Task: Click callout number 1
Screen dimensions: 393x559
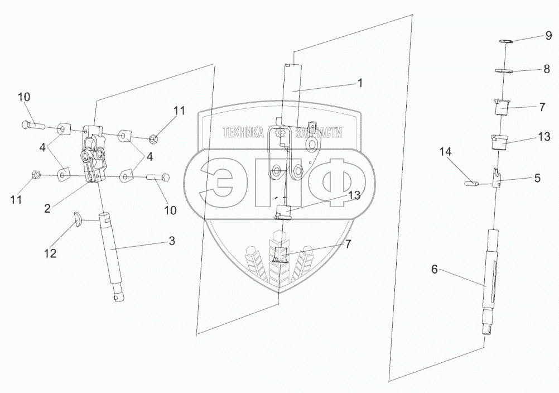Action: click(360, 83)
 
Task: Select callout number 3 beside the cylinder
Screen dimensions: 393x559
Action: click(172, 241)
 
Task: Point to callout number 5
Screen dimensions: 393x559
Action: click(537, 179)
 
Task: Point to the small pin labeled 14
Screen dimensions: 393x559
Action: click(470, 181)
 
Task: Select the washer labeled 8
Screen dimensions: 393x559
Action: click(504, 70)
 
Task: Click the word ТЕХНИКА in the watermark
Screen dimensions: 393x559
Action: click(243, 132)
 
